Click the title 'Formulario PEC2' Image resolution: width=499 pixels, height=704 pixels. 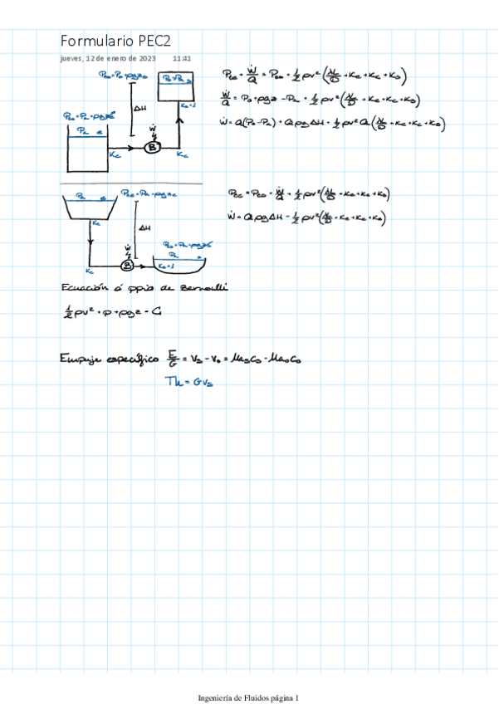115,42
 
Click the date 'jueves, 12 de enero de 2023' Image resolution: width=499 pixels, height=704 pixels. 108,59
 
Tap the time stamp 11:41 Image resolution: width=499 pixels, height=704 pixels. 182,59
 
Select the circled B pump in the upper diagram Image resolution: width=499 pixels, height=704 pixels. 152,148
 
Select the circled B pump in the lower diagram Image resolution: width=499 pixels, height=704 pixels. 128,266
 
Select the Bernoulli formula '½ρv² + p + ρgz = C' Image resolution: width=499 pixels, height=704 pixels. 104,312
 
